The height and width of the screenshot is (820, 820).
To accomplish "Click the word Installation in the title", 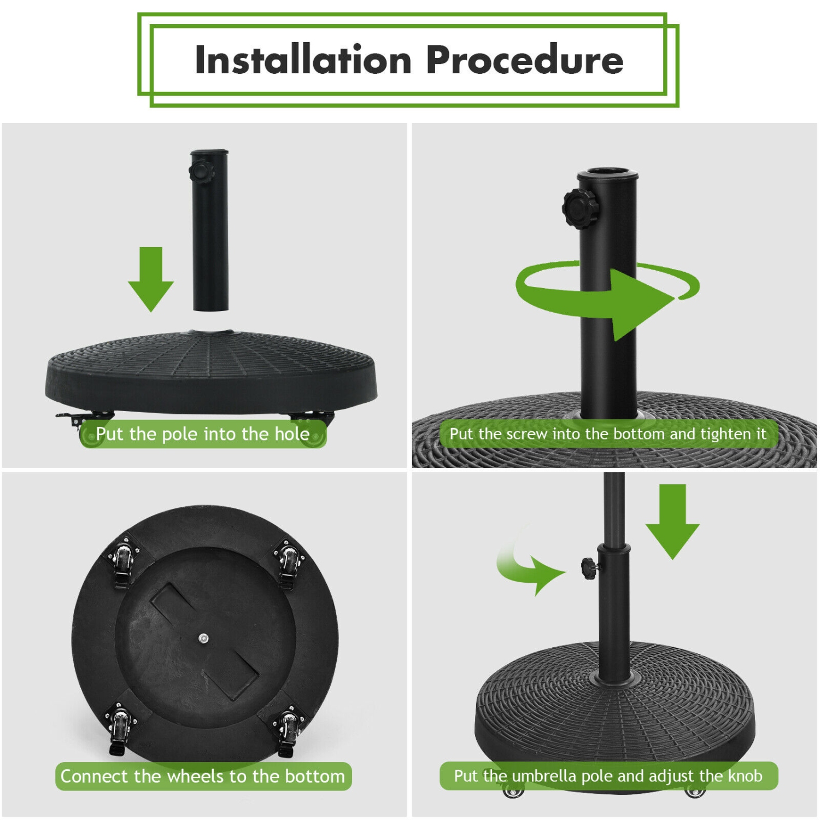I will (x=303, y=60).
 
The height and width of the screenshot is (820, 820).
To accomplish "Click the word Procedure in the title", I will (x=524, y=60).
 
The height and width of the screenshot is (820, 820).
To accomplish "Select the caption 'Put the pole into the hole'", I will (x=203, y=434).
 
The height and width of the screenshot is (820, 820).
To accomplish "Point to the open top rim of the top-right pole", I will (x=607, y=174).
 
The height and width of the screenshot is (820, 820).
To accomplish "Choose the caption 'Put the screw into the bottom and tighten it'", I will (x=608, y=434).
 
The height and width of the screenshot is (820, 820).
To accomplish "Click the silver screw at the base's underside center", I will (x=203, y=638).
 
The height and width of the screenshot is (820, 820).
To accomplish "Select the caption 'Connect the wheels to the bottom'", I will (x=203, y=776).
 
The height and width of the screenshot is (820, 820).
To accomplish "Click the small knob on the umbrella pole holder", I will (x=589, y=567).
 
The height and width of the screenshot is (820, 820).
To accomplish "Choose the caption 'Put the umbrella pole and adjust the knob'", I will (x=608, y=776).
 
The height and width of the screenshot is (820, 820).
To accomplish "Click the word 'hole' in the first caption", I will (x=291, y=434).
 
